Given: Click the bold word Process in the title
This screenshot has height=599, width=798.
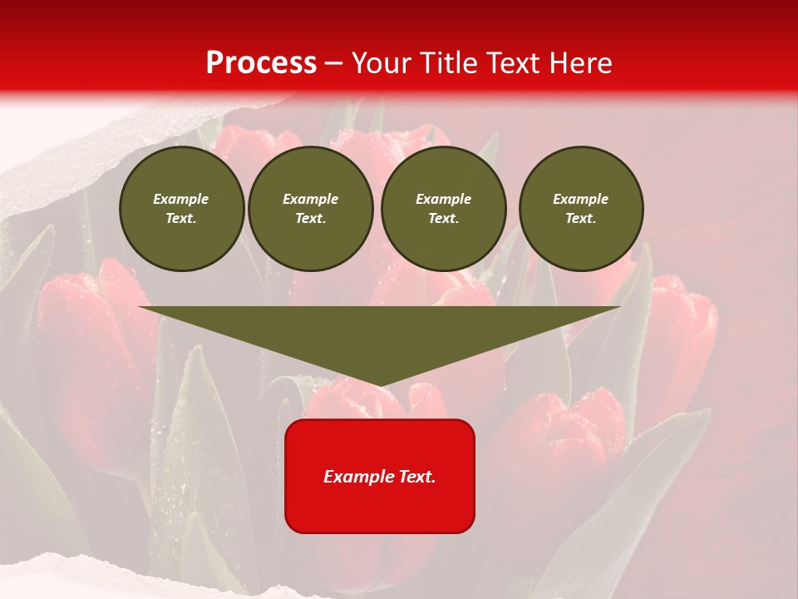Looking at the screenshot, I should pos(261,63).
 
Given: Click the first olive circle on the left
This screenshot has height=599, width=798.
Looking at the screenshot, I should pos(181,209).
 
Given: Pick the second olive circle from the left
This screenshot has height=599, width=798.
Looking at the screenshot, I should pos(310,209).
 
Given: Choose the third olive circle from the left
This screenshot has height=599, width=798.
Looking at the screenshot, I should pos(443,209).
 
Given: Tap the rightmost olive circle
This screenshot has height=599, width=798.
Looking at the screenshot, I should pos(581,209).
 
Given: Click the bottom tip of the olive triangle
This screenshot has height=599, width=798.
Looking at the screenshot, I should pos(380,384).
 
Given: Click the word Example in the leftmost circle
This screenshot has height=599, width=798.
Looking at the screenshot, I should pos(181,199).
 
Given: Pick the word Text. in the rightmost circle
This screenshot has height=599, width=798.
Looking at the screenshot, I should pos(581,219).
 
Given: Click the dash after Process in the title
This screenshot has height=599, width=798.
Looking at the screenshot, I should pos(333,63).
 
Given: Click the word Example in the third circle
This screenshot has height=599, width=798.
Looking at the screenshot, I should pos(443,199).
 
